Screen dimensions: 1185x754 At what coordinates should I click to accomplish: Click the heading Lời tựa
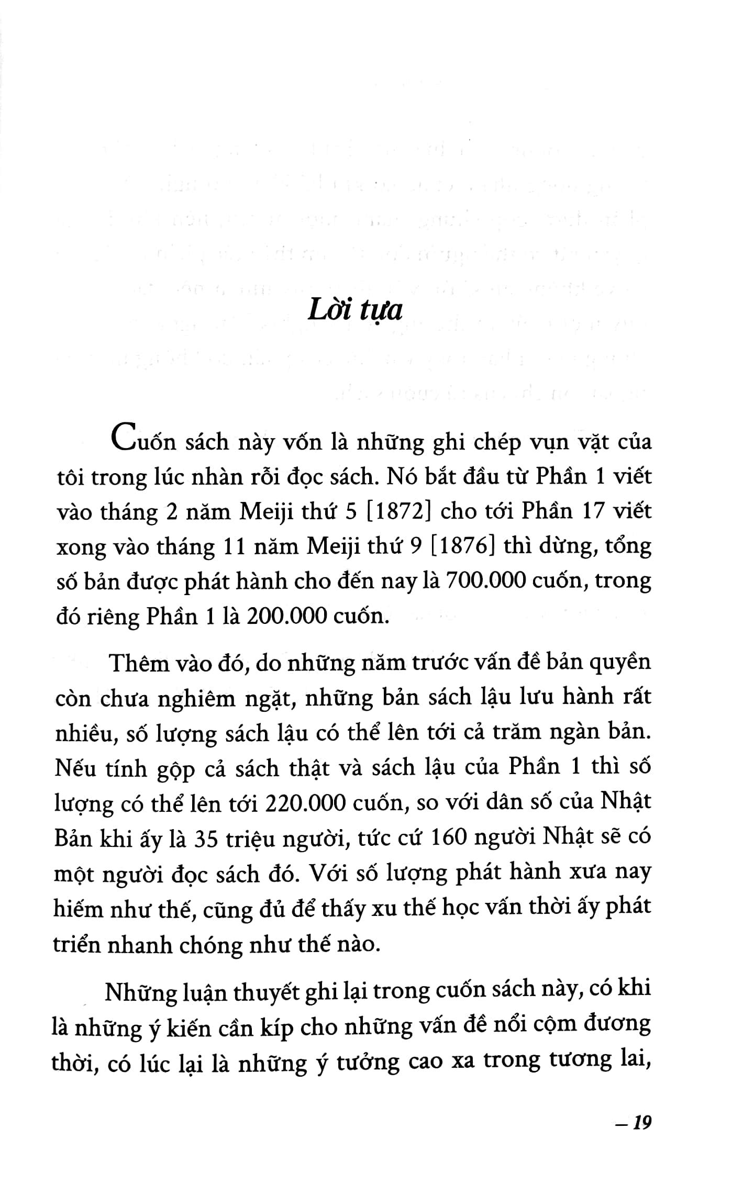[354, 311]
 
